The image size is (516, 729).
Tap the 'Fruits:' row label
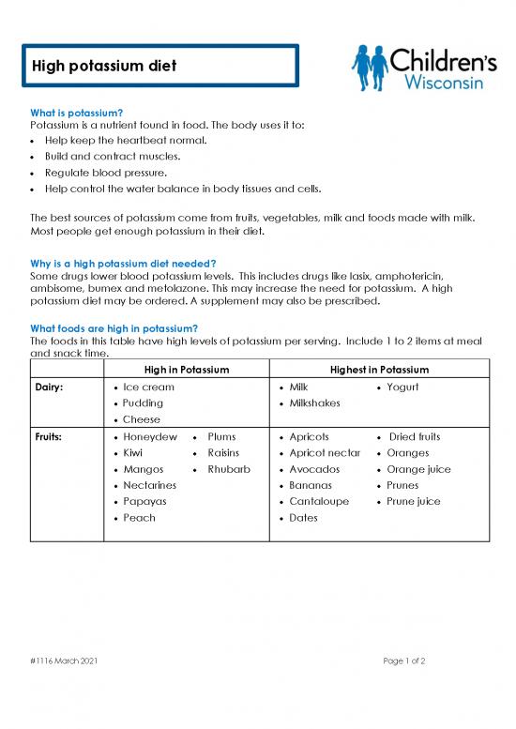pos(51,437)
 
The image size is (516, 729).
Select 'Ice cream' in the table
pos(148,387)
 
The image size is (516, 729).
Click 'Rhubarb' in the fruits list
pos(229,469)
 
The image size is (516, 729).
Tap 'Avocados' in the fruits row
pos(315,469)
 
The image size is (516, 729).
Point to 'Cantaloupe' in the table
pos(319,501)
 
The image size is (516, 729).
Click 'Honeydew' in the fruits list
pos(150,437)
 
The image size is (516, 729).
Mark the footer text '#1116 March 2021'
pos(62,661)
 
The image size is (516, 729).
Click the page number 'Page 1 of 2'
pos(404,661)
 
